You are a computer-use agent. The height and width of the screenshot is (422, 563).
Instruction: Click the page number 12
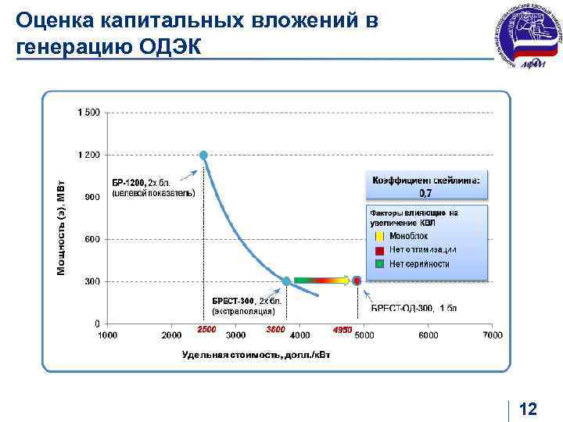click(x=528, y=409)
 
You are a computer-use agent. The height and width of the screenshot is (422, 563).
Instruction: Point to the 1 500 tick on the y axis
click(x=88, y=113)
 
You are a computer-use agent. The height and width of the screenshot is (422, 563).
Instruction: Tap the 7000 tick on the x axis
click(x=492, y=335)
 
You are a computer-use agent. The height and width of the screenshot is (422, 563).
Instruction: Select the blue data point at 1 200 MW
click(x=203, y=156)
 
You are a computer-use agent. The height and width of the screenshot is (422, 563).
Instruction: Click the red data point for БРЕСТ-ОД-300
click(x=357, y=281)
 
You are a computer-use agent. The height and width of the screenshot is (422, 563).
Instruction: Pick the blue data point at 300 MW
click(x=287, y=281)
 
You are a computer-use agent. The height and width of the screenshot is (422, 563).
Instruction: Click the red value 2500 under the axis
click(x=206, y=330)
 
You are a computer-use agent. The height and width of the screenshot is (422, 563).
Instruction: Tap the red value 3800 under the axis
click(x=275, y=330)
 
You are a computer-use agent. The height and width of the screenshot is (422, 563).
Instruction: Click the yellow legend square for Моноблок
click(x=379, y=235)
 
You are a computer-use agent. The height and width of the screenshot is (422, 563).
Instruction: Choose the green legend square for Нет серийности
click(x=379, y=263)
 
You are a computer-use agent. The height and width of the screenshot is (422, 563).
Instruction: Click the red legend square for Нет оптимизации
click(x=379, y=249)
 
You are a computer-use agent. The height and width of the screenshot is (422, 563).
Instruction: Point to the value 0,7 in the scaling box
click(x=426, y=192)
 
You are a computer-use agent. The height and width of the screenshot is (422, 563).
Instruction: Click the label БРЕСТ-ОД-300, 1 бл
click(x=414, y=307)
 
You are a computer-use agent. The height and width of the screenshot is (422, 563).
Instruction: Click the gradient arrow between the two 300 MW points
click(x=321, y=279)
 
